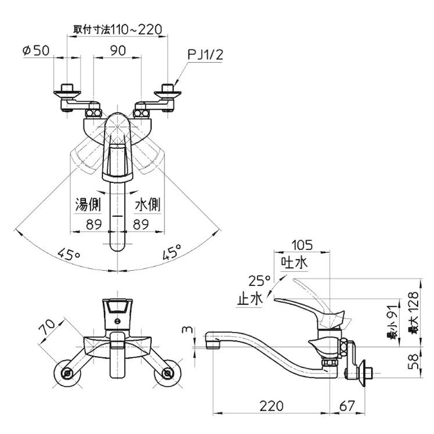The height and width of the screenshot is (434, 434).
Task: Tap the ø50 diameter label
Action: pos(36,51)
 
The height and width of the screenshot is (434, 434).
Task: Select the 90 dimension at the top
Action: pos(118,51)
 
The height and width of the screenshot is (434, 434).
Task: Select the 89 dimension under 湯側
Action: pos(91,224)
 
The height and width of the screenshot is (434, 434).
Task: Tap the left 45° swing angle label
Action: pos(69,254)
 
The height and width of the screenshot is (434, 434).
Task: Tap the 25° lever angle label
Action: pos(259,281)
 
